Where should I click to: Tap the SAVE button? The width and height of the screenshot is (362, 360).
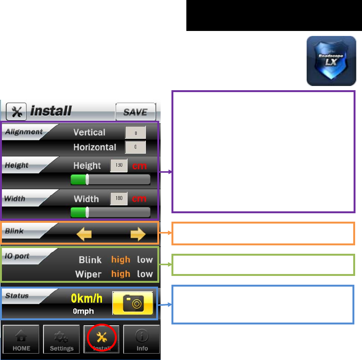[136, 112]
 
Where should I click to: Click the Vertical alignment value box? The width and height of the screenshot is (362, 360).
[136, 132]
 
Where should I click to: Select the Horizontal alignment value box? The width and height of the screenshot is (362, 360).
[136, 147]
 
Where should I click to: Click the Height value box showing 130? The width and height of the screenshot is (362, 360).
[119, 166]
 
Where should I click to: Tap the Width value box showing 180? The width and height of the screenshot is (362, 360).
[119, 199]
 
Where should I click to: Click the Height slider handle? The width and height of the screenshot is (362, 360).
[87, 180]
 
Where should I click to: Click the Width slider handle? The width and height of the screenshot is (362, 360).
[87, 212]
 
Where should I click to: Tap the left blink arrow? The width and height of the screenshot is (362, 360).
[84, 234]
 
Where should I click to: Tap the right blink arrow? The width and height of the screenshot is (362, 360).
[138, 234]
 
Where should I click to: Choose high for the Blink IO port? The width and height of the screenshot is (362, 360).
[121, 260]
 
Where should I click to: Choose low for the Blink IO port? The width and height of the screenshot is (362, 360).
[145, 260]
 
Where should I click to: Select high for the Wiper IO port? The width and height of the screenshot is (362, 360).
[121, 274]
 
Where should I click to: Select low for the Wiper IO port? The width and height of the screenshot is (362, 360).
[145, 274]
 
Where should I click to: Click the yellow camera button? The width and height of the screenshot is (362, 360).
[133, 303]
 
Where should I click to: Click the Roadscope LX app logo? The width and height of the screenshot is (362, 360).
[331, 61]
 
